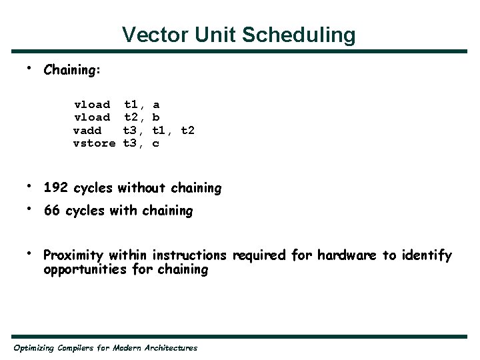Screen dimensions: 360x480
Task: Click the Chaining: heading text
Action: pyautogui.click(x=72, y=70)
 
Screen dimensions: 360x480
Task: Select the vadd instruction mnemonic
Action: pyautogui.click(x=87, y=130)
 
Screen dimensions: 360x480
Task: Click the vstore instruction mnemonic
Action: pyautogui.click(x=95, y=143)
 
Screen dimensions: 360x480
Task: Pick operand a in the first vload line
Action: pyautogui.click(x=156, y=105)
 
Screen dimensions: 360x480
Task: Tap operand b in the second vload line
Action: pyautogui.click(x=156, y=117)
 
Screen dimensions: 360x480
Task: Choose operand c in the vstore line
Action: pyautogui.click(x=156, y=143)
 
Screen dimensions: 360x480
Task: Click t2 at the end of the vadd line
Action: pyautogui.click(x=187, y=130)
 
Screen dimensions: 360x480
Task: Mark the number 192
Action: pyautogui.click(x=57, y=188)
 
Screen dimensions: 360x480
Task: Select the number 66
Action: pyautogui.click(x=52, y=211)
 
